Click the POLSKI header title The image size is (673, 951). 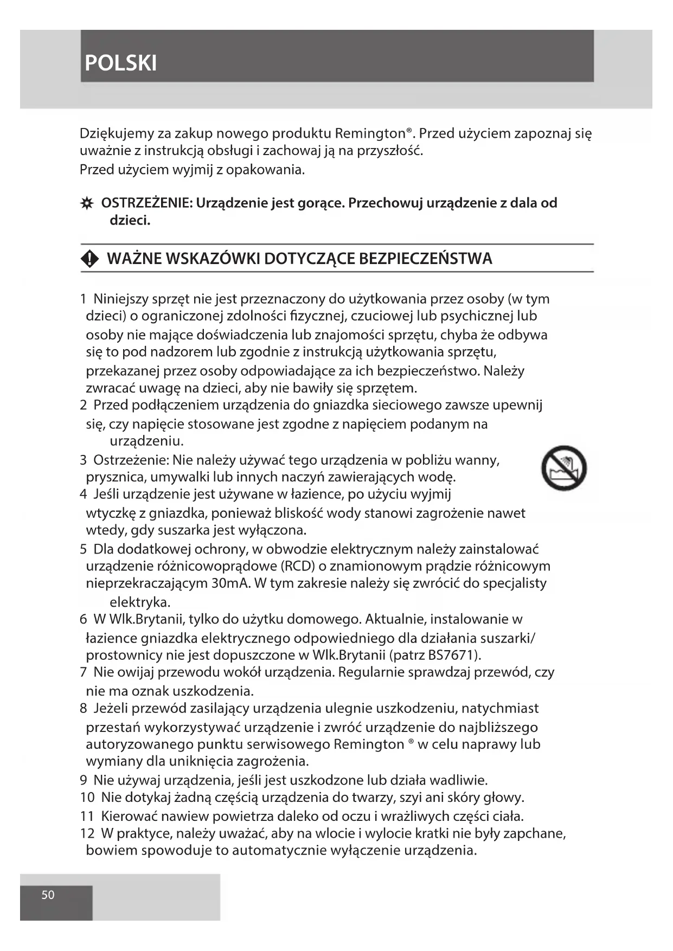click(x=120, y=63)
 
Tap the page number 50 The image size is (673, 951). click(x=48, y=895)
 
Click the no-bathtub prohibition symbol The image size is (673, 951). click(x=564, y=468)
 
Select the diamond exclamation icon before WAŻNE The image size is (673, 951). click(x=90, y=259)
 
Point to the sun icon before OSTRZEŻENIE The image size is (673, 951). click(x=86, y=204)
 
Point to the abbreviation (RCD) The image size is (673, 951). click(x=298, y=567)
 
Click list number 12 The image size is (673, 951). click(x=87, y=833)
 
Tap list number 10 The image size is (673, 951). click(x=87, y=798)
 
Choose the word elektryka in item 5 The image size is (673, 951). click(x=139, y=602)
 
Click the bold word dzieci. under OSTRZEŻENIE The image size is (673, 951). click(x=130, y=221)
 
